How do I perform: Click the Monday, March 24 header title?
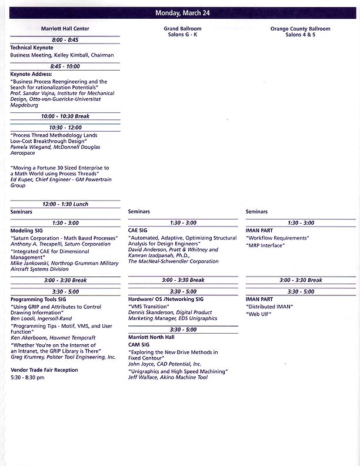[182, 13]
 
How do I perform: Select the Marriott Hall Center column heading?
[65, 29]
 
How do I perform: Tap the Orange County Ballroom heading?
[300, 29]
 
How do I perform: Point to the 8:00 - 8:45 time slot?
[65, 40]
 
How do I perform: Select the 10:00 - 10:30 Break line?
[65, 116]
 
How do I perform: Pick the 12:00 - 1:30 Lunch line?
[65, 204]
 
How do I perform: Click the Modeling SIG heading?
[27, 231]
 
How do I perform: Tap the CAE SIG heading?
[138, 231]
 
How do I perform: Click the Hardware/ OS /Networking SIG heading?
[166, 299]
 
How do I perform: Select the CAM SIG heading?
[139, 345]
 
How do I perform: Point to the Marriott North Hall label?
[151, 337]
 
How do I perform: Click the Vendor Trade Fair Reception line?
[44, 370]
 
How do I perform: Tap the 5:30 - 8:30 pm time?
[27, 377]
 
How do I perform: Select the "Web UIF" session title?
[258, 314]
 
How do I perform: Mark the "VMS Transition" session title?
[149, 307]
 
